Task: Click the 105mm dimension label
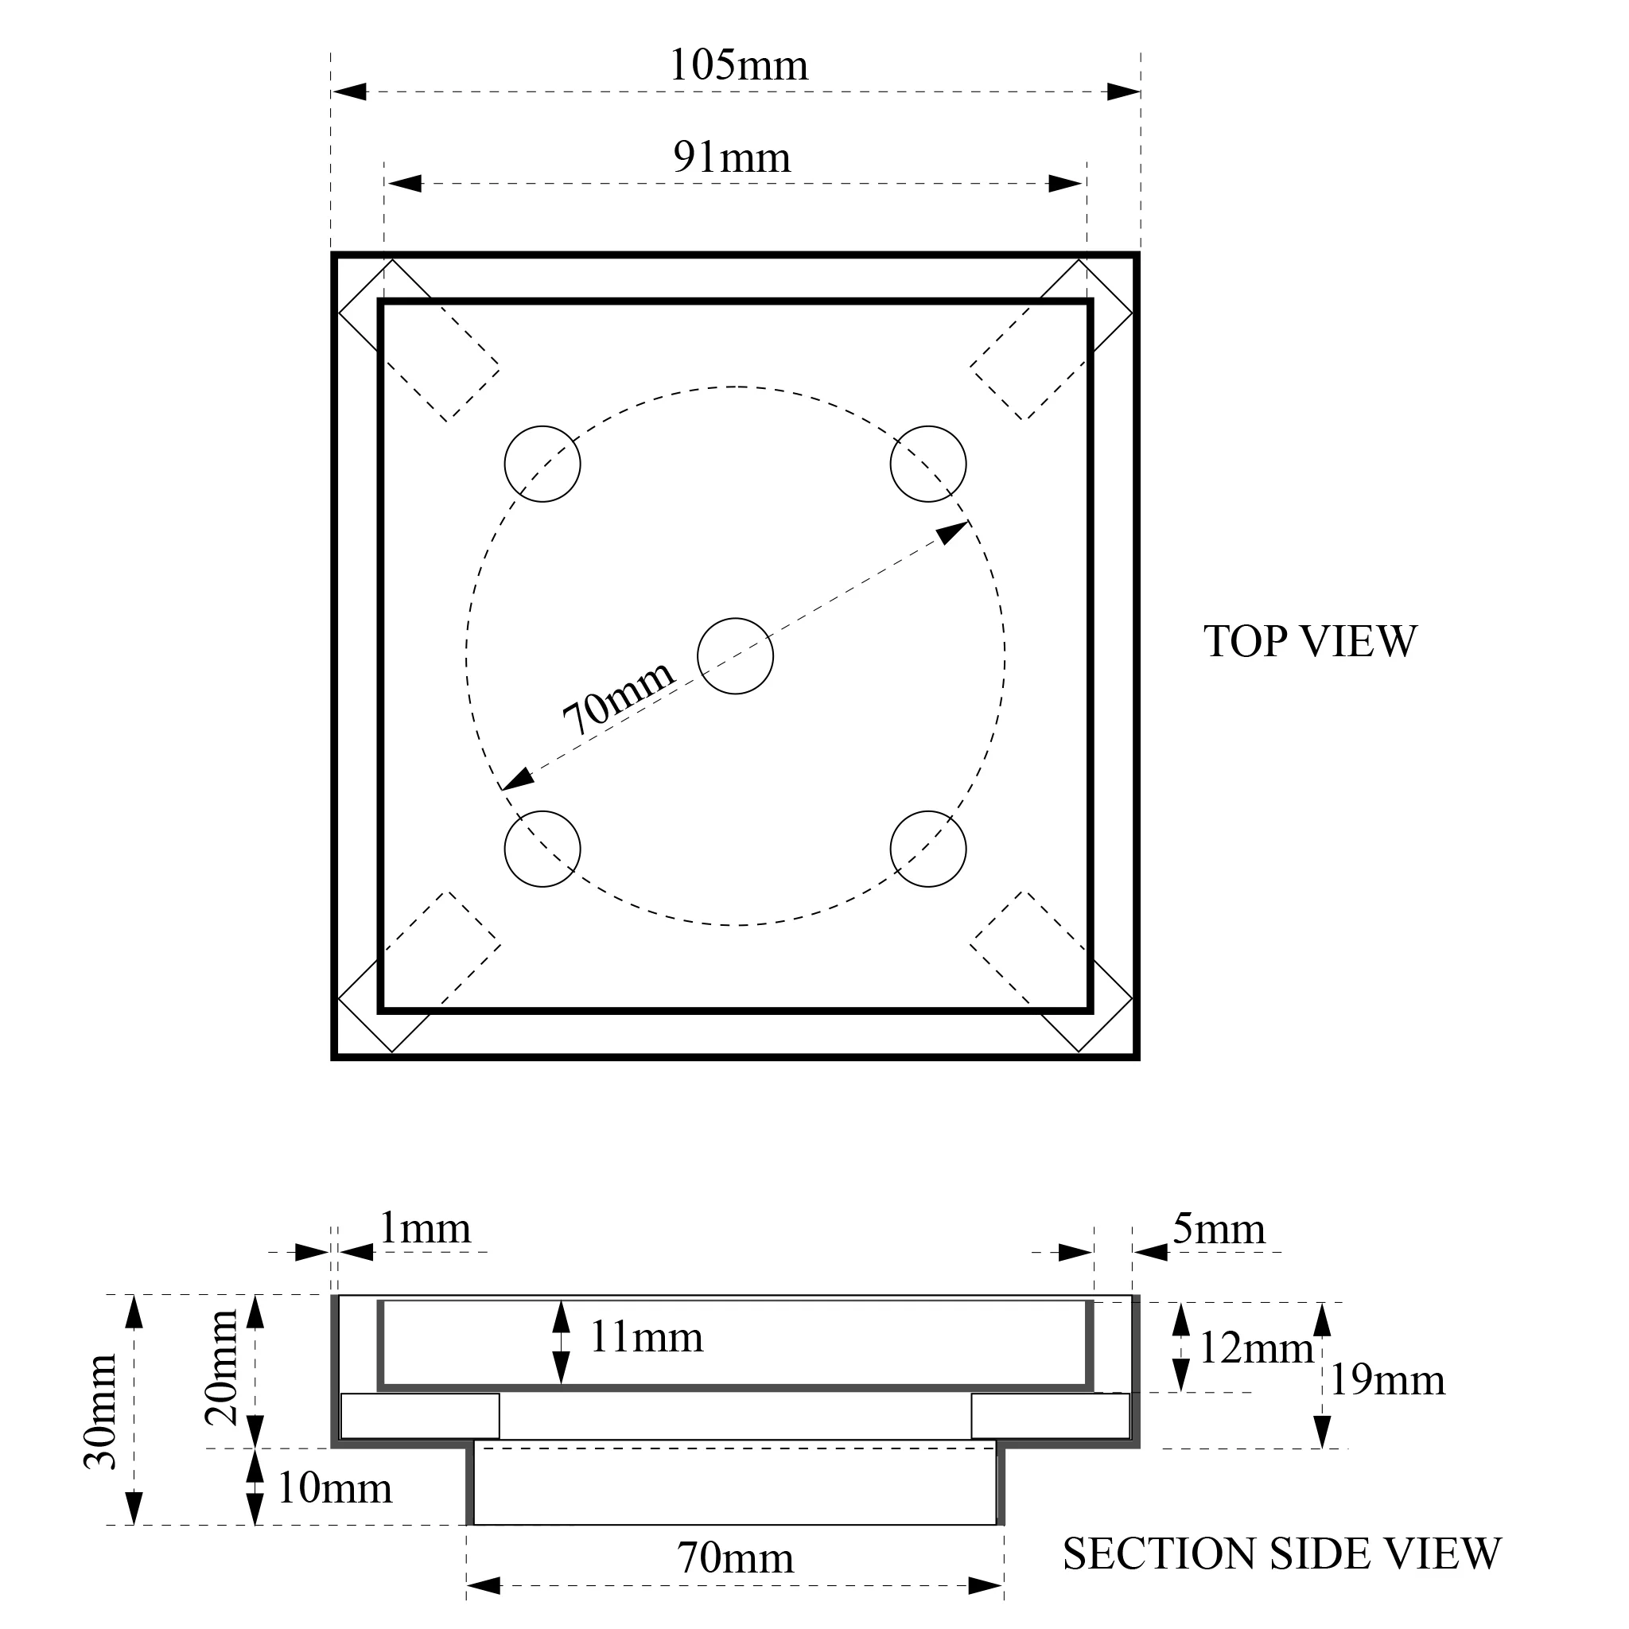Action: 738,66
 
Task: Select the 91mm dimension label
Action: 732,157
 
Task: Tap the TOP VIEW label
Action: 1309,642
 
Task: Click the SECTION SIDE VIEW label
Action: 1281,1553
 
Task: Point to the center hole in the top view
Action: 735,656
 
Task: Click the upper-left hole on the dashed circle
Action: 542,464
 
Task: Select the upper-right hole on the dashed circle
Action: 928,464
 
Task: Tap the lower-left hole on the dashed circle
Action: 542,849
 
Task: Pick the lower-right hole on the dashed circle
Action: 928,849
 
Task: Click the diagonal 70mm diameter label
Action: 618,697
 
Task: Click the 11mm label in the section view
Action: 646,1337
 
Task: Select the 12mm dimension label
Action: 1255,1348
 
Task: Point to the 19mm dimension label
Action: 1387,1380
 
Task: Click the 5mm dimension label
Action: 1219,1230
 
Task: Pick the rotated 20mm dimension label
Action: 222,1367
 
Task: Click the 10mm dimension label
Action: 335,1488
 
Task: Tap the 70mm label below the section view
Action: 735,1558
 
